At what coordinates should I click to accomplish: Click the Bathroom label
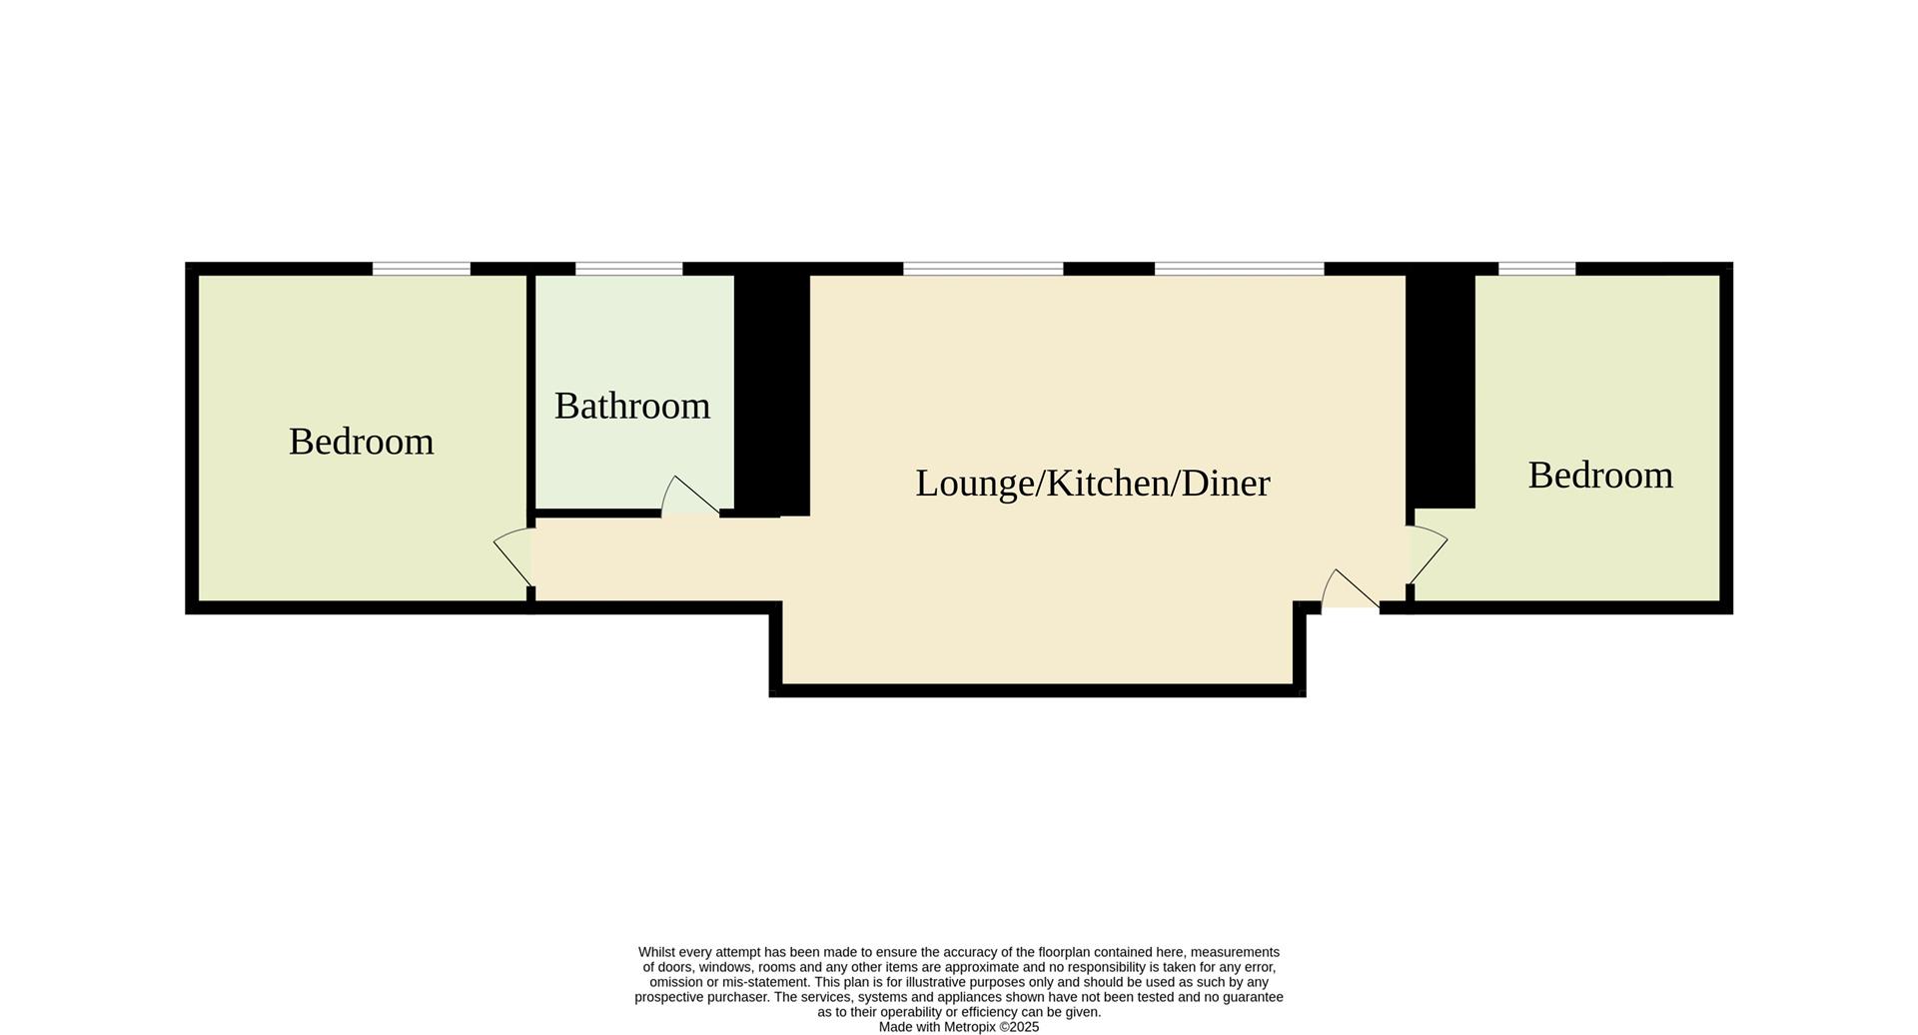point(631,406)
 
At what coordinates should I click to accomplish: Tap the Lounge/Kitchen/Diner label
point(1092,484)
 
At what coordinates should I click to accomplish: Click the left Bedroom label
point(361,442)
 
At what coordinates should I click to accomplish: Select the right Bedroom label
point(1599,475)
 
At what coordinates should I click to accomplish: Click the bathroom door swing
point(689,497)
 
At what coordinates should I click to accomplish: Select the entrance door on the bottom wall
point(1350,590)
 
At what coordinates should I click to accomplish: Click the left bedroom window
point(421,268)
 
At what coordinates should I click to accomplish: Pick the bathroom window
point(628,268)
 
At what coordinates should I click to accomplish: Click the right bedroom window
point(1536,268)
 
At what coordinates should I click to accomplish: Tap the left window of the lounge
point(983,268)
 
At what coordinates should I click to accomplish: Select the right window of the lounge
point(1239,268)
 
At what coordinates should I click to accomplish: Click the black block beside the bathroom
point(771,395)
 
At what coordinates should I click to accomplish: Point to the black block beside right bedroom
point(1439,390)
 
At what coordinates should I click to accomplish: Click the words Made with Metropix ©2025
point(958,1027)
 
